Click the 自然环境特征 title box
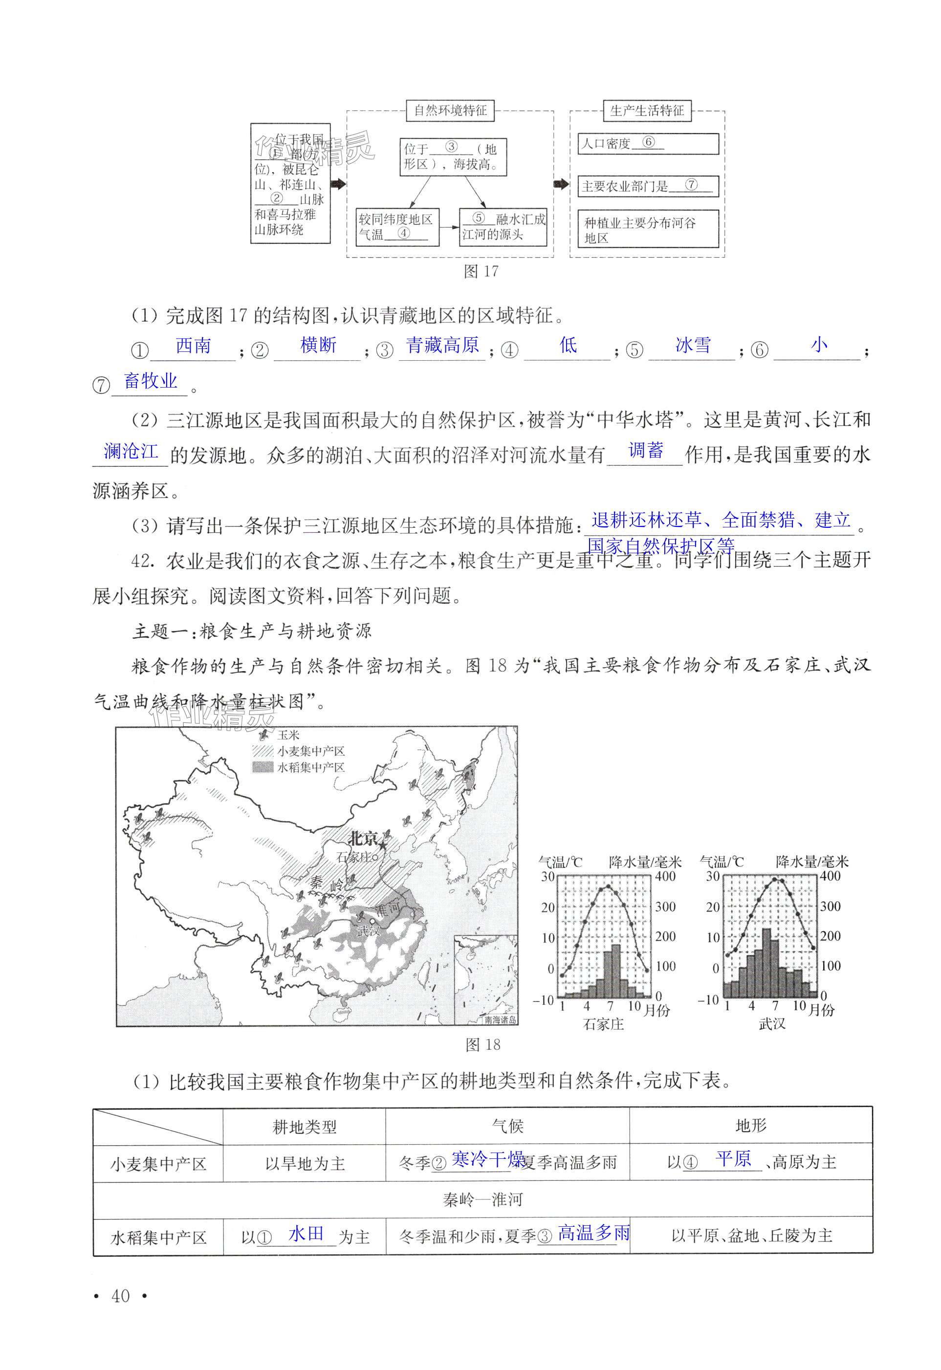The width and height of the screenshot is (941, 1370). click(450, 111)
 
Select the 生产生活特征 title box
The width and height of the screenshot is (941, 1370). click(647, 111)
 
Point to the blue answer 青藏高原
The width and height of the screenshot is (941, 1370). click(442, 346)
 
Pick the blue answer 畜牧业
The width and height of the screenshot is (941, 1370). click(151, 381)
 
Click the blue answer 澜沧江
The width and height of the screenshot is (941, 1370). click(131, 452)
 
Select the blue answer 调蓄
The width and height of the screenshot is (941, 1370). click(646, 451)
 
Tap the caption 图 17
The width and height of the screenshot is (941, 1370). click(481, 272)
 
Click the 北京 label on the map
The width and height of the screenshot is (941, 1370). click(362, 838)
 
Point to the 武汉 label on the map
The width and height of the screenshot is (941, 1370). click(369, 930)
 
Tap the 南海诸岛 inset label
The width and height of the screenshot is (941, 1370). click(500, 1020)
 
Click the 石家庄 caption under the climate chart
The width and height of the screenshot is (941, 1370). click(603, 1024)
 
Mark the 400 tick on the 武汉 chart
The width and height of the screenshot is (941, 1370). click(830, 876)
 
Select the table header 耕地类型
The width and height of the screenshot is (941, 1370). click(304, 1127)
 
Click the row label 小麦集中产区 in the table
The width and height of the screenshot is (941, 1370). click(158, 1164)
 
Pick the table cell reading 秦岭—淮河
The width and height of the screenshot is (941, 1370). click(482, 1199)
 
